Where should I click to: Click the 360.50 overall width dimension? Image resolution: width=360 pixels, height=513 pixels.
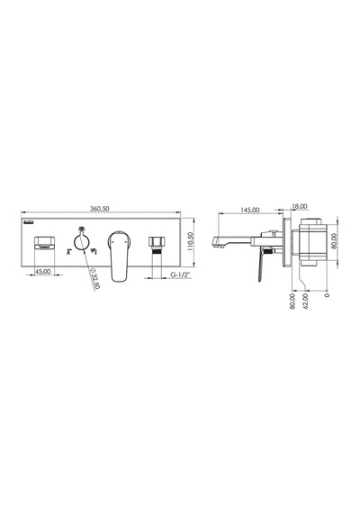(x=100, y=209)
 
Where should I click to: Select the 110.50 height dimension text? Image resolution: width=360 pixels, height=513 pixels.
(x=190, y=241)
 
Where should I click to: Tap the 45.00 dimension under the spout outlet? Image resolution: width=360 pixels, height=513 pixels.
(x=43, y=272)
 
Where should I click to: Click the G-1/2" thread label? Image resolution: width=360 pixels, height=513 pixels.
(x=180, y=274)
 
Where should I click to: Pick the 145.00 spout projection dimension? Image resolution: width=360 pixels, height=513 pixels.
(x=250, y=210)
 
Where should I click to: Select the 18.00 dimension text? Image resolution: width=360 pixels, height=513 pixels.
(x=300, y=206)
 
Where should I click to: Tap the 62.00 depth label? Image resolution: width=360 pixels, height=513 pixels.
(x=305, y=301)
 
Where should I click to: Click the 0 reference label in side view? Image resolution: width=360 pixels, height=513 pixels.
(x=327, y=295)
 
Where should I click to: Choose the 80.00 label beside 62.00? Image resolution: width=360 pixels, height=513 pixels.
(x=292, y=301)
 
